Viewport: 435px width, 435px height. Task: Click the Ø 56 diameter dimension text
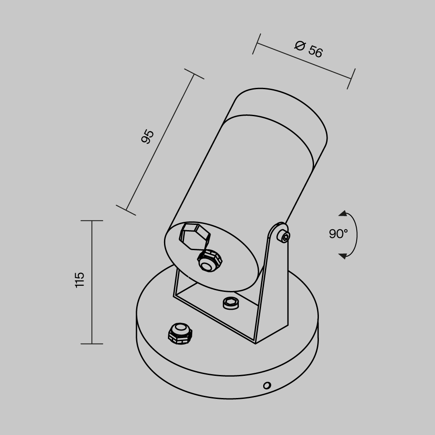(308, 49)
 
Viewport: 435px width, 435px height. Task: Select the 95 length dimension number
(148, 137)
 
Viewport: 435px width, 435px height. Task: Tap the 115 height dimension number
(79, 280)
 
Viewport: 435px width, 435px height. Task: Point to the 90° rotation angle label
(338, 234)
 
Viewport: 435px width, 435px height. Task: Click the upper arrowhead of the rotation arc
(343, 214)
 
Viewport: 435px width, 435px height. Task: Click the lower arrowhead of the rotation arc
(343, 255)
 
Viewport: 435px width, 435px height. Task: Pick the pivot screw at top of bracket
(285, 237)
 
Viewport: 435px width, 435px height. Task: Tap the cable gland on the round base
(180, 333)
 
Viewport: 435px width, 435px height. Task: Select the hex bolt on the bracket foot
(231, 303)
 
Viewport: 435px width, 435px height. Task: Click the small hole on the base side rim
(267, 385)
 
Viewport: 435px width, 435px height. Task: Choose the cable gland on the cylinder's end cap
(209, 261)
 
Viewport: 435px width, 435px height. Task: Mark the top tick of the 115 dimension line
(92, 221)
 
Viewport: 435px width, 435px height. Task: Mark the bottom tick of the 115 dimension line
(92, 344)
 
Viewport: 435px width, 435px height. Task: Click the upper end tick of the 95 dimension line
(194, 74)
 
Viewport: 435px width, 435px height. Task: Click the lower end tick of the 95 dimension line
(126, 211)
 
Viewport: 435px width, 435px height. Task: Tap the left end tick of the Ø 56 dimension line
(256, 43)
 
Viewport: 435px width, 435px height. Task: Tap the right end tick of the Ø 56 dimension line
(351, 79)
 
